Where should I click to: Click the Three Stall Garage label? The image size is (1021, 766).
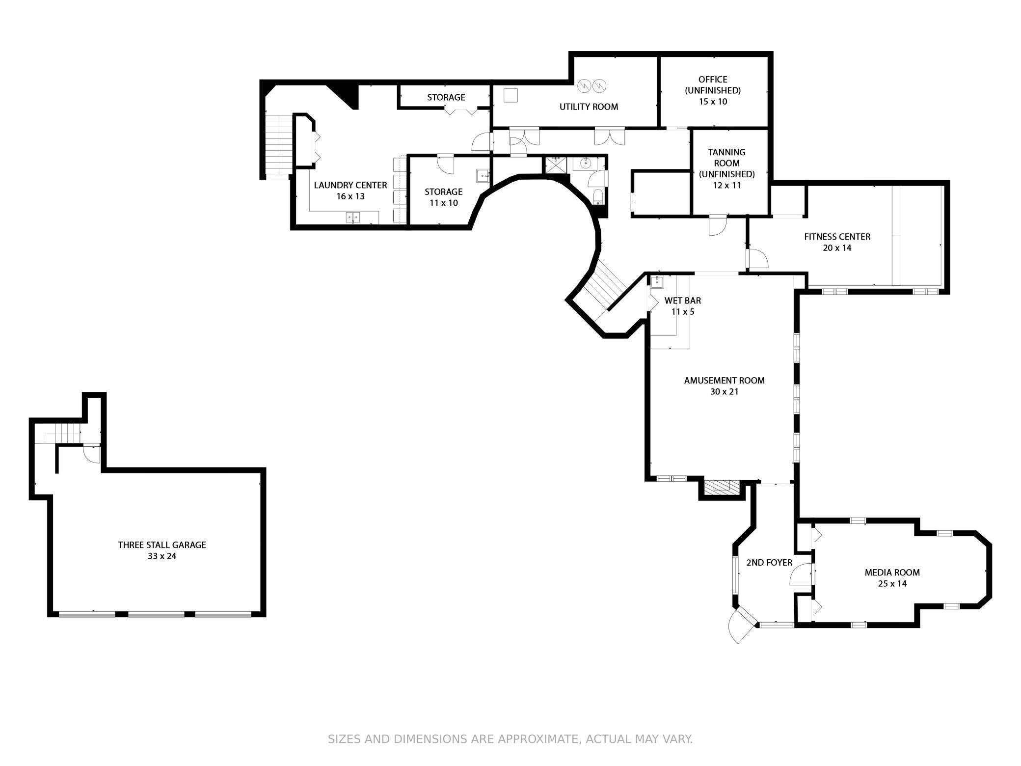pyautogui.click(x=161, y=545)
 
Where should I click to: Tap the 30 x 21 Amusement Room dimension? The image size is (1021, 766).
pyautogui.click(x=724, y=391)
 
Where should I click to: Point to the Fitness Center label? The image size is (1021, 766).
pyautogui.click(x=837, y=237)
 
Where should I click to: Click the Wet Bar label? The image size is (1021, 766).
pyautogui.click(x=682, y=301)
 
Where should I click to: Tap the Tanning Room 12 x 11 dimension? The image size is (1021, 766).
pyautogui.click(x=726, y=185)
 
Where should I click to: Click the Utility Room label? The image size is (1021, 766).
pyautogui.click(x=589, y=107)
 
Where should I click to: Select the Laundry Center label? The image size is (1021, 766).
pyautogui.click(x=350, y=185)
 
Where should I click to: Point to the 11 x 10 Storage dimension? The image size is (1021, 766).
pyautogui.click(x=443, y=203)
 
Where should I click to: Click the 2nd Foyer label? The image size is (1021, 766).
pyautogui.click(x=769, y=562)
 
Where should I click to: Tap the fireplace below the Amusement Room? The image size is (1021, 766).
pyautogui.click(x=721, y=487)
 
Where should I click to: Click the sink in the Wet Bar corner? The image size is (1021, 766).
pyautogui.click(x=657, y=281)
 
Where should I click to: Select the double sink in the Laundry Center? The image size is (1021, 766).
pyautogui.click(x=352, y=217)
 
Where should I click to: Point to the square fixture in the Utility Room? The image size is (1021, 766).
pyautogui.click(x=510, y=95)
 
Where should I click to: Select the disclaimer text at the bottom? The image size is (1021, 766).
pyautogui.click(x=510, y=739)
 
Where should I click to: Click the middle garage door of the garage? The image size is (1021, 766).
pyautogui.click(x=156, y=614)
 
